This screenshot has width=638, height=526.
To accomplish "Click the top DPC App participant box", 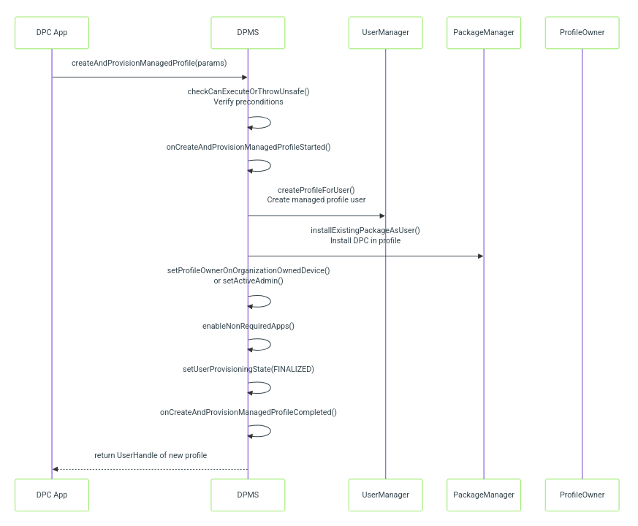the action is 52,33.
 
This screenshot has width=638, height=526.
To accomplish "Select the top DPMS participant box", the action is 248,33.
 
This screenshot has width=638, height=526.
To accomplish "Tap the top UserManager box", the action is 385,33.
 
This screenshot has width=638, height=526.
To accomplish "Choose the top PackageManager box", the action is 484,33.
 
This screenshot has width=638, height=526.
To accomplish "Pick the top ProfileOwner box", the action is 582,33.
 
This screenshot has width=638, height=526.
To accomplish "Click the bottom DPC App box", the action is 52,495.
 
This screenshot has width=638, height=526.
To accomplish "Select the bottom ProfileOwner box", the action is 582,495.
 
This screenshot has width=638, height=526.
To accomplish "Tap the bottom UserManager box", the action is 385,495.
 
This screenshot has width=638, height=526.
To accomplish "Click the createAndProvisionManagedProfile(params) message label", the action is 149,63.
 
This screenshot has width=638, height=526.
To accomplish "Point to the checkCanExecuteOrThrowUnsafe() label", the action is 248,91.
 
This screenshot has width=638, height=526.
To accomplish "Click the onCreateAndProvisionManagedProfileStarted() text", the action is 248,147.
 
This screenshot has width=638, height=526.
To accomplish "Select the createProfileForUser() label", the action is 316,190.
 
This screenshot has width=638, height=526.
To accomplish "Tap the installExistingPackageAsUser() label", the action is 365,230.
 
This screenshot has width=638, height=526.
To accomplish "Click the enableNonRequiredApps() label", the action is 248,326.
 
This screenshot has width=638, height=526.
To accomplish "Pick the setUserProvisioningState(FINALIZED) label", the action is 248,369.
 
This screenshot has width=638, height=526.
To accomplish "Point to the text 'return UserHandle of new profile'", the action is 151,455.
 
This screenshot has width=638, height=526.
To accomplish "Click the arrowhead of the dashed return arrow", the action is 56,469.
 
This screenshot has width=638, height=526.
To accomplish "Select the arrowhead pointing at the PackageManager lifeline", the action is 481,256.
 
